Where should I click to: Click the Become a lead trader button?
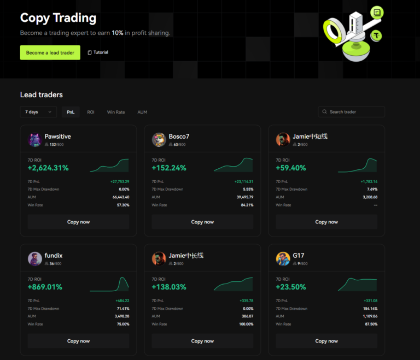click(50, 52)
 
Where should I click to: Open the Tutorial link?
click(98, 52)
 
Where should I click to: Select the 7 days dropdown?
click(38, 112)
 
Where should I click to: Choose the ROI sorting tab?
click(91, 112)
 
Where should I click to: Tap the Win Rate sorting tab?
click(116, 112)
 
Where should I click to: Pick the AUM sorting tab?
click(142, 112)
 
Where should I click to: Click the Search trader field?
click(351, 112)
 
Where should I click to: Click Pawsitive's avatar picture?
click(35, 140)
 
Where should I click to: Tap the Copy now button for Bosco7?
click(202, 222)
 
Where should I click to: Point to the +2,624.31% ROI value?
click(48, 168)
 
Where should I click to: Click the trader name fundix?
click(54, 255)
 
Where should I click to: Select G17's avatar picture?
click(283, 259)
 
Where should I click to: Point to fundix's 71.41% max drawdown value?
click(122, 309)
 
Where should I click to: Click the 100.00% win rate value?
click(244, 324)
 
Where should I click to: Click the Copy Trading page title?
click(58, 18)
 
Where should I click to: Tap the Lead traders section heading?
click(42, 95)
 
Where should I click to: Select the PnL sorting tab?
click(71, 112)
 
